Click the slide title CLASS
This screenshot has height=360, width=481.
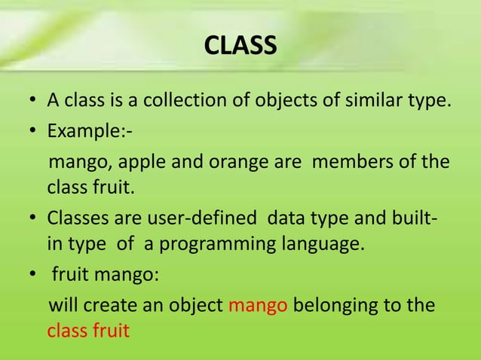[x=240, y=47]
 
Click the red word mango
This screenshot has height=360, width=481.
[x=257, y=307]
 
